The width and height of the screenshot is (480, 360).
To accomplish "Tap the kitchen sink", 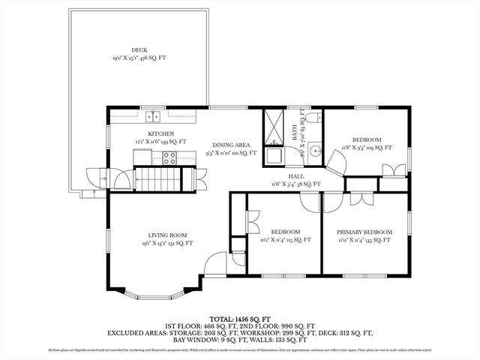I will (x=154, y=115).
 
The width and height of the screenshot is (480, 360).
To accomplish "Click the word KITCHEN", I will (x=160, y=133).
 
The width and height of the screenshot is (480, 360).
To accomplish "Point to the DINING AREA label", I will (x=231, y=145).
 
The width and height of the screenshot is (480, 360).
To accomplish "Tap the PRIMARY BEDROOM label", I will (x=364, y=232).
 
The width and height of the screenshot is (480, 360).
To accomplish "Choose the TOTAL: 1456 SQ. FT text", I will (x=239, y=318).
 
